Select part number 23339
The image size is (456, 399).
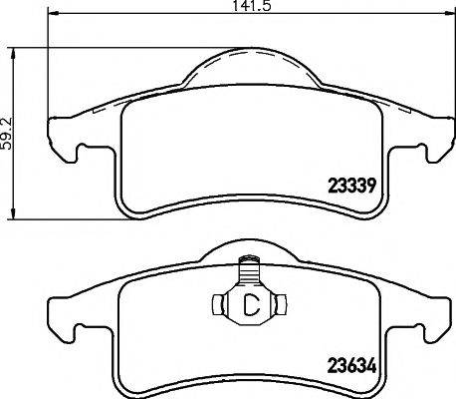click(350, 184)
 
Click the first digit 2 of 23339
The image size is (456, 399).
click(333, 184)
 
